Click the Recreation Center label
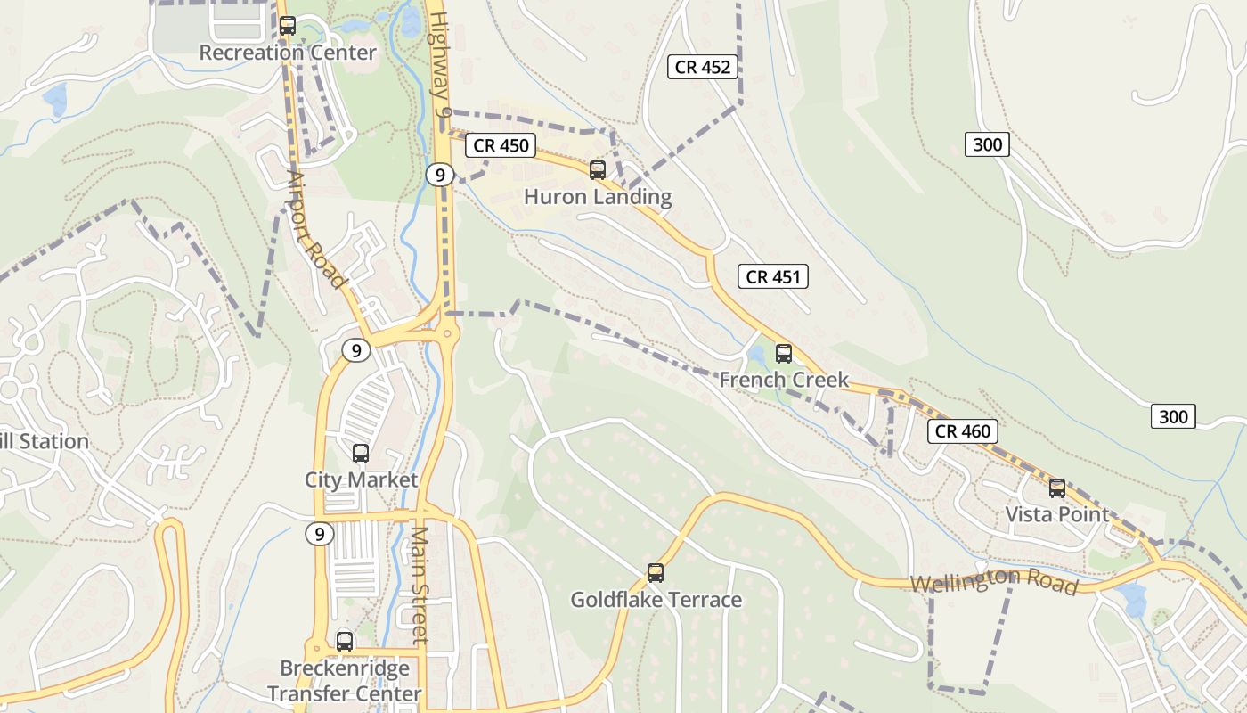pos(288,53)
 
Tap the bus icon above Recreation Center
pos(287,26)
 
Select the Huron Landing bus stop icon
pos(598,169)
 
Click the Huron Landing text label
pos(598,197)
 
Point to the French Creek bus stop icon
pos(784,354)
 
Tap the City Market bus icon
pos(361,454)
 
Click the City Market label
pos(361,480)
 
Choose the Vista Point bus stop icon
pos(1057,488)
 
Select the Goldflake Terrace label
pos(656,600)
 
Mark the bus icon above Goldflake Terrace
pos(656,573)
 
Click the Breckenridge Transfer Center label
pos(345,681)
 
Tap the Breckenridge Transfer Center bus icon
pos(345,641)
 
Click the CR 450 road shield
pos(501,145)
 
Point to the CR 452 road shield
pos(703,67)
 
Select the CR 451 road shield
pos(773,277)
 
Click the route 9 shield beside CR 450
pos(440,175)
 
